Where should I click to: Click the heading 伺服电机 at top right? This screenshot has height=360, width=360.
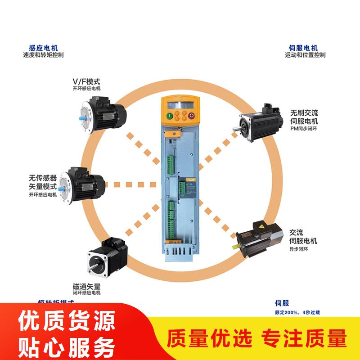tap(303, 48)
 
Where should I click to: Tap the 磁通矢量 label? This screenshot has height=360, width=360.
tap(86, 286)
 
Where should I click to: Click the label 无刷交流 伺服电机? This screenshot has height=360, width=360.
tap(304, 117)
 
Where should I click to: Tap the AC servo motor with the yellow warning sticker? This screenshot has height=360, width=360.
tap(259, 237)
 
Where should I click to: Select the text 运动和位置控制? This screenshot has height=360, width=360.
tap(305, 55)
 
